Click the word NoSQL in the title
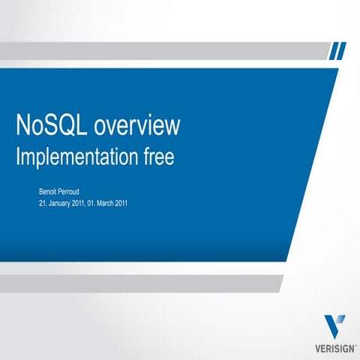(x=51, y=127)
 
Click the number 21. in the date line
(x=43, y=203)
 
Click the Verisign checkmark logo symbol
(x=335, y=327)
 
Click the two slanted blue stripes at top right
(x=338, y=50)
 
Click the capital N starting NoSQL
(x=23, y=127)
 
